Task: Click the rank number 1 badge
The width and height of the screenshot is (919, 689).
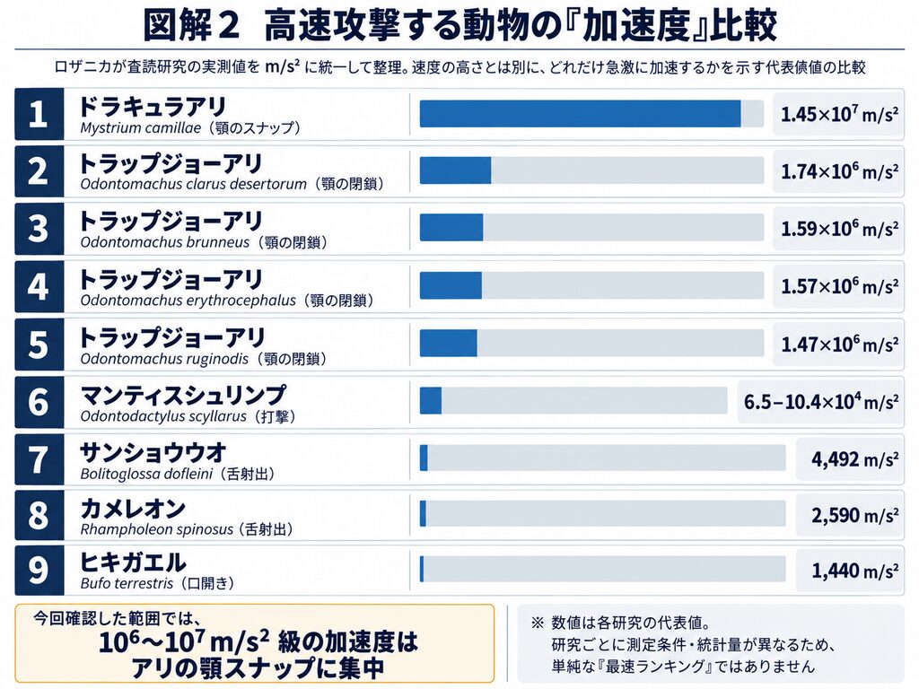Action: coord(39,114)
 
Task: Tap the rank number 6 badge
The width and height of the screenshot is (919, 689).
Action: coord(39,402)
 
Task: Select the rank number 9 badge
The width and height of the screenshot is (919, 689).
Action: coord(39,570)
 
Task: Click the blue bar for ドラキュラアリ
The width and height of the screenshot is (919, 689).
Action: coord(580,114)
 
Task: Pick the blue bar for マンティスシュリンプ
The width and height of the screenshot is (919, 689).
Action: coord(430,401)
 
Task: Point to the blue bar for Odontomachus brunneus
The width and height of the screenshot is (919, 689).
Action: coord(451,227)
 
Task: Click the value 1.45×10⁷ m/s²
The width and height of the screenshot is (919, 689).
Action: coord(839,114)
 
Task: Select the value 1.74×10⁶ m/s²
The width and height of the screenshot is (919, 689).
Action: coord(839,171)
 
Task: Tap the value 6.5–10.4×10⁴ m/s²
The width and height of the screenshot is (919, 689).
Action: coord(820,401)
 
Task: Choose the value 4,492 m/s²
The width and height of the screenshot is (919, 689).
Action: coord(854,458)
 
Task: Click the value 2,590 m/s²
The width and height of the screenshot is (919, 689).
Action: coord(854,515)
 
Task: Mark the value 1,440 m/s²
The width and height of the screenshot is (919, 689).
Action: coord(854,570)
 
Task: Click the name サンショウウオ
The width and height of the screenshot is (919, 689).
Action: coord(153,452)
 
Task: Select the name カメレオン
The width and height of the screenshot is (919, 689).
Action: coord(133,509)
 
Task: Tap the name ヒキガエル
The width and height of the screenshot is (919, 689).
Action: coord(133,563)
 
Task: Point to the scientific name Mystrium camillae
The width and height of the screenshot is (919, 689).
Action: coord(141,127)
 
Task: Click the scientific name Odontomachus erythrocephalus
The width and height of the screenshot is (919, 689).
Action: coord(188,301)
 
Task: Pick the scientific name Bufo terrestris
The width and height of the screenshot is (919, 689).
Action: coord(127,583)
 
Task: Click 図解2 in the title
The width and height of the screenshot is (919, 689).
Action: coord(191,25)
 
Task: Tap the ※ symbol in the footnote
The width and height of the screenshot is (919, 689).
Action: coord(538,623)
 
